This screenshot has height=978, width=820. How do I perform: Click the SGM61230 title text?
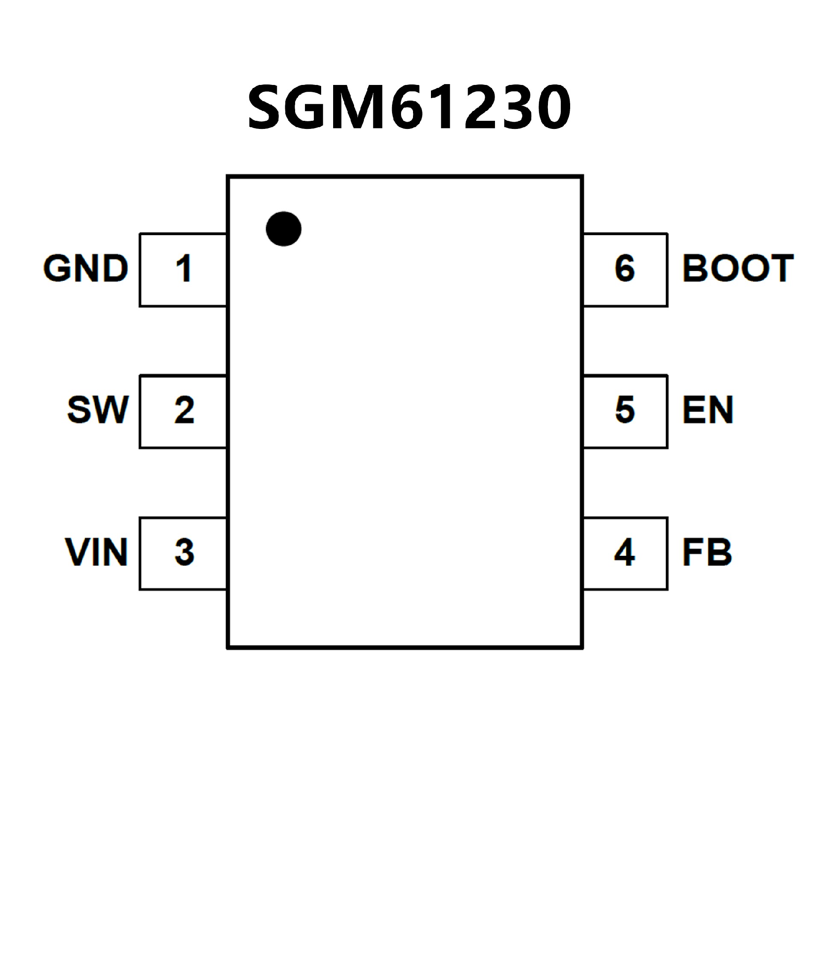click(x=409, y=108)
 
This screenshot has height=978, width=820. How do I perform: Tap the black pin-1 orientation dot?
click(x=283, y=229)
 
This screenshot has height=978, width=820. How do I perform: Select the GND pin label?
click(x=86, y=269)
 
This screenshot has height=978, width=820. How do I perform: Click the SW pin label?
click(x=98, y=410)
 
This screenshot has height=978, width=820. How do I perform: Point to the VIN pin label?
click(x=97, y=552)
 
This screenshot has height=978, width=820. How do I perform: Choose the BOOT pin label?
click(x=738, y=269)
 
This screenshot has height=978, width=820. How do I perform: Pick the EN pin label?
click(x=708, y=410)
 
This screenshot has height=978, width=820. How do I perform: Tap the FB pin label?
click(x=707, y=552)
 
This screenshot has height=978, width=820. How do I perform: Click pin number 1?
click(x=184, y=269)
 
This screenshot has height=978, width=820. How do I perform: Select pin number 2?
click(x=184, y=410)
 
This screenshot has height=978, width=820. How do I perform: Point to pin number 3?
click(x=184, y=552)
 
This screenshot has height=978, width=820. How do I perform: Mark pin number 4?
click(x=624, y=552)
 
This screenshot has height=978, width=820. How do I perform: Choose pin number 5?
click(x=625, y=410)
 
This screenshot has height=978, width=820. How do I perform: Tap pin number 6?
click(x=625, y=269)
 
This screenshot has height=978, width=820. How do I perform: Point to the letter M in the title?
click(x=359, y=108)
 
